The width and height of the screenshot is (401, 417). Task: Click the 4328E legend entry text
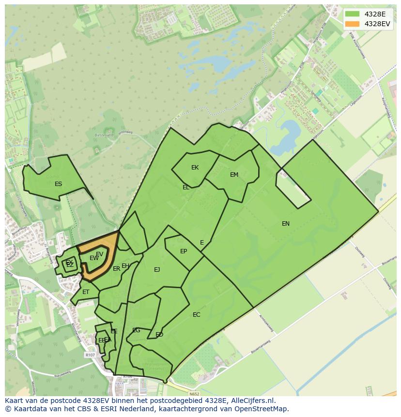click(x=375, y=14)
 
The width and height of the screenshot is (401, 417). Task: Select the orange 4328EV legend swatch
click(x=353, y=24)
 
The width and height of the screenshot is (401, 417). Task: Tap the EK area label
click(x=195, y=168)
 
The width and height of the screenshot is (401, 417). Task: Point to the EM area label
click(x=234, y=175)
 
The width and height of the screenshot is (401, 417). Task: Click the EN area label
click(x=286, y=223)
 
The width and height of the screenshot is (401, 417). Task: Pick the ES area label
click(x=58, y=184)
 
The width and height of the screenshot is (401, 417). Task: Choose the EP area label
click(x=184, y=251)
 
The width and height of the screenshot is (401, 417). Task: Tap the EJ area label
click(x=157, y=270)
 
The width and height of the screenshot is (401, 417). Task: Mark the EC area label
click(x=196, y=315)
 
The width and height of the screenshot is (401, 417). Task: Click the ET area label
click(x=86, y=292)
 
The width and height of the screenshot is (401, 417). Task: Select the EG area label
click(x=136, y=330)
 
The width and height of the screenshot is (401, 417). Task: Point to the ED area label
click(x=159, y=335)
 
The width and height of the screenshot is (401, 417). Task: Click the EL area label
click(x=186, y=187)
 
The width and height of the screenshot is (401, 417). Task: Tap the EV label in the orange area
click(x=99, y=254)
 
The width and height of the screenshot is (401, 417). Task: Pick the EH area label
click(x=125, y=266)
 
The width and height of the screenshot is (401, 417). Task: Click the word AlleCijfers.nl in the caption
click(x=253, y=401)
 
